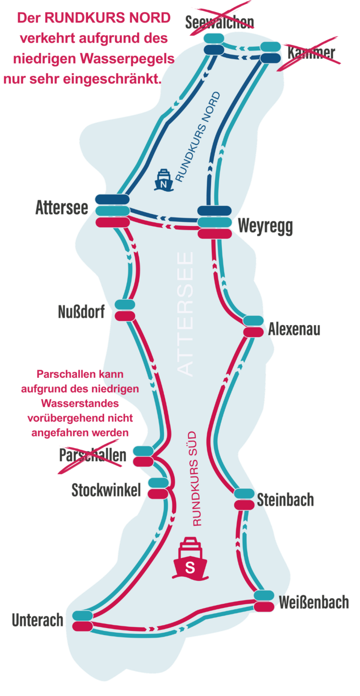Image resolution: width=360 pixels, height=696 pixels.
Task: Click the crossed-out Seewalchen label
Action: (x=219, y=22)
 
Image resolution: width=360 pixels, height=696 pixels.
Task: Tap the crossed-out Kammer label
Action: (x=311, y=53)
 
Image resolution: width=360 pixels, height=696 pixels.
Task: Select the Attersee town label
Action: (x=62, y=208)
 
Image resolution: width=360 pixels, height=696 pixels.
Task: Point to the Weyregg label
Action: (x=265, y=226)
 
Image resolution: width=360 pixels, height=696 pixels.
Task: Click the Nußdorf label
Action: (x=82, y=312)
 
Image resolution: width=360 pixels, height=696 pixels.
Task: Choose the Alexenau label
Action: (x=294, y=329)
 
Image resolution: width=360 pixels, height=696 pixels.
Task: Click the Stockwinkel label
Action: (x=106, y=490)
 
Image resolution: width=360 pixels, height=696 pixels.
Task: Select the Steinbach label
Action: (x=285, y=500)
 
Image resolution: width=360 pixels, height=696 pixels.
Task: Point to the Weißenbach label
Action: (x=314, y=602)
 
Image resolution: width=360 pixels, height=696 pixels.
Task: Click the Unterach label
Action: (x=37, y=620)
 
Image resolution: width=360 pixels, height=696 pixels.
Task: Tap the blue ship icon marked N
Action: (x=164, y=180)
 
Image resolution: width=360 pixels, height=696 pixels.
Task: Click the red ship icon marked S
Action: (x=190, y=558)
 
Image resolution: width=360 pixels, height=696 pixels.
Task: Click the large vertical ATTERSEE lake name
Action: (x=185, y=314)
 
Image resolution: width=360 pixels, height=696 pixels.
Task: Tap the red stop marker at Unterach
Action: (x=82, y=626)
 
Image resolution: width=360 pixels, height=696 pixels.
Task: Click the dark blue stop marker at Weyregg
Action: (x=215, y=210)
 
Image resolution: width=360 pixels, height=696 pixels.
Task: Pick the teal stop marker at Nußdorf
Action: (x=125, y=305)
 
